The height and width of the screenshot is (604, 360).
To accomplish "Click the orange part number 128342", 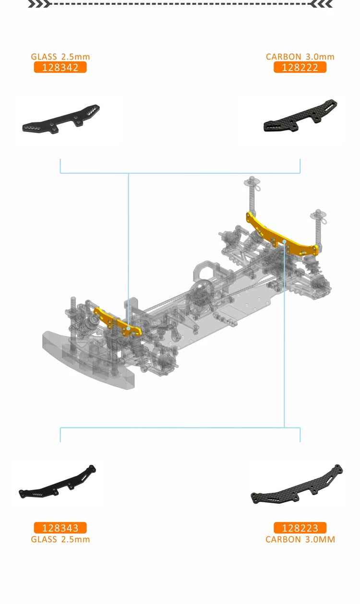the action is click(x=60, y=67).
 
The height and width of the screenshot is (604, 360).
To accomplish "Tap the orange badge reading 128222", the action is click(x=300, y=67).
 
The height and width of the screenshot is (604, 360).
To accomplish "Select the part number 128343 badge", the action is click(x=60, y=528).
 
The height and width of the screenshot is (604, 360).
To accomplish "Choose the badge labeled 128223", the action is click(x=300, y=528).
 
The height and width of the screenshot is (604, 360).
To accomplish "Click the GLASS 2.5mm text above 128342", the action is click(x=60, y=57).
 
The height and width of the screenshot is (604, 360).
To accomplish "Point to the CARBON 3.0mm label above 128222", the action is click(x=300, y=57).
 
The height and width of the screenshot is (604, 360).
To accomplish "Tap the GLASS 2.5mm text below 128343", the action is click(x=60, y=539).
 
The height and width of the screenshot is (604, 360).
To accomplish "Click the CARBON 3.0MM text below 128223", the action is click(x=300, y=539).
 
